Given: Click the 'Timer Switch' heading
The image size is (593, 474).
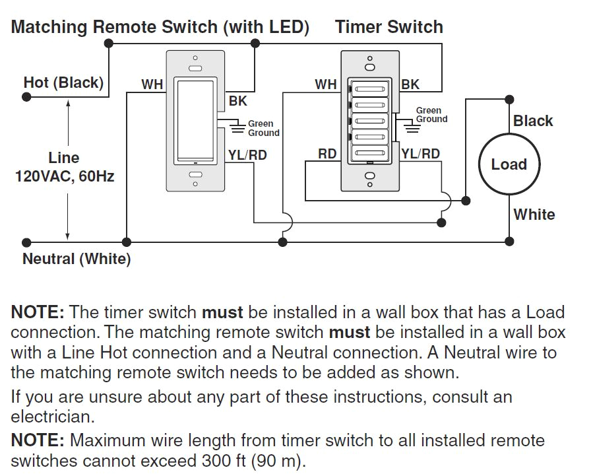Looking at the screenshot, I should (x=389, y=27).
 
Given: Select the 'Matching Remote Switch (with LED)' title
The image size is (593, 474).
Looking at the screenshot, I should (x=160, y=27).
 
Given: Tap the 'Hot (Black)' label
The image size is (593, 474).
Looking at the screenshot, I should (x=63, y=83).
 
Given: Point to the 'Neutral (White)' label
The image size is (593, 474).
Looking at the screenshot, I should (x=77, y=259).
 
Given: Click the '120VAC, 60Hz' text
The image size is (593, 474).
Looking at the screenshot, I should (x=64, y=177).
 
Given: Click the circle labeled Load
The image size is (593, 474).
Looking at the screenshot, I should (x=509, y=164).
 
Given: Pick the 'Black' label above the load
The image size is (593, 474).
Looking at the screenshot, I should (x=533, y=121).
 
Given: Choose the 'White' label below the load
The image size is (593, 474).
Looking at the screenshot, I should (x=534, y=215).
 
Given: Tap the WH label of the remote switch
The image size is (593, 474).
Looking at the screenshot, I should (x=152, y=85).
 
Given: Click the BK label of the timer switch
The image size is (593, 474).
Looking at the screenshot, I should (x=410, y=85).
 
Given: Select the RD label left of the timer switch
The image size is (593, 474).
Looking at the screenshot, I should (x=327, y=154).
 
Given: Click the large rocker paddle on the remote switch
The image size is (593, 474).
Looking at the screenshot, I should (x=195, y=121).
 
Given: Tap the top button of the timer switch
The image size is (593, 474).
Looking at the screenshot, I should (x=369, y=86).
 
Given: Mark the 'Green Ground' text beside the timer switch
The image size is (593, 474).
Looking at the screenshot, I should (x=431, y=115).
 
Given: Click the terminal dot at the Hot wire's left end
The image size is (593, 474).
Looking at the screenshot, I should (x=26, y=96).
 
